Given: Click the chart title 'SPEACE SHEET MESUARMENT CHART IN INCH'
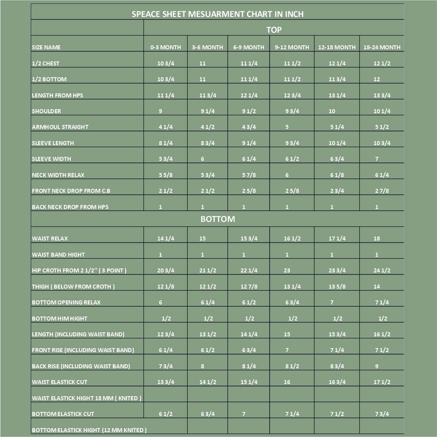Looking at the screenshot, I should pos(217,14).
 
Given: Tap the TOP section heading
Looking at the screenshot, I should pos(274,30).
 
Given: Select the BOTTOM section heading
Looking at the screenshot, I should pos(217,219).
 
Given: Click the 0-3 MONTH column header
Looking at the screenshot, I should pos(165,47).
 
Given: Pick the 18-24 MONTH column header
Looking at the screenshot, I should pos(382,47).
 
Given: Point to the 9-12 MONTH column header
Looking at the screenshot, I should pos(292,47).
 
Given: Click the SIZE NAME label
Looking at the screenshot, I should pos(46,47).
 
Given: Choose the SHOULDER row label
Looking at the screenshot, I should pos(46,111).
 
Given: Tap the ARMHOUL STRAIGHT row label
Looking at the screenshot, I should pos(60,127).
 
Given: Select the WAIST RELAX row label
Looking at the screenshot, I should pos(50,239).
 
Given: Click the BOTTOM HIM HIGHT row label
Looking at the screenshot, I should pos(59,319).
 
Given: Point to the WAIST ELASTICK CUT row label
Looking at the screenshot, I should pos(59,382).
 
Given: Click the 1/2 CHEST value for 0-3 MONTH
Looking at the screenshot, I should pos(166,63).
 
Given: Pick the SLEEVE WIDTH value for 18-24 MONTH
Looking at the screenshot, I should pos(377,159).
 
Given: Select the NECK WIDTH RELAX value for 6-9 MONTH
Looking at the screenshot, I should pos(249,175).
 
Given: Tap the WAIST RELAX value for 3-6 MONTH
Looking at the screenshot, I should pos(203,239).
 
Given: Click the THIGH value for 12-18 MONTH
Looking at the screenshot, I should pos(337,287).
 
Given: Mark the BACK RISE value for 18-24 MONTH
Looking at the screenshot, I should pos(377,366).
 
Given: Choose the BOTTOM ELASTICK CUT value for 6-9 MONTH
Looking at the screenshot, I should pos(244,414).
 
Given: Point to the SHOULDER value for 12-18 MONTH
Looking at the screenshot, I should pos(332,111).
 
